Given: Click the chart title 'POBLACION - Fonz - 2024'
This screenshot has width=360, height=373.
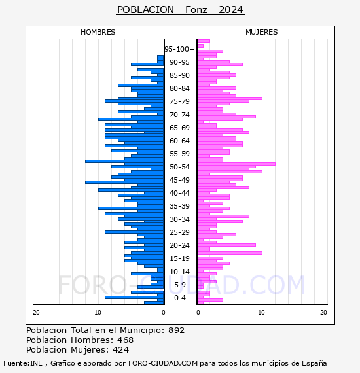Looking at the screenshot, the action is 180,10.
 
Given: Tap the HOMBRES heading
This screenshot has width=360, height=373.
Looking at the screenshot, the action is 98,32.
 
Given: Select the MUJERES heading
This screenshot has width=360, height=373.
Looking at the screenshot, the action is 262,32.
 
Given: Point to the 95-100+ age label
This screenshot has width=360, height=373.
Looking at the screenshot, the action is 179,49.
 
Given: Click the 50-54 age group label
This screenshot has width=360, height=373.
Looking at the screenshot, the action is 179,167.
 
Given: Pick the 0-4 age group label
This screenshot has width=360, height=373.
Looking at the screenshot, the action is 179,298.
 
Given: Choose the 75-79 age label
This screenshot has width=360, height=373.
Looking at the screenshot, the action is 179,101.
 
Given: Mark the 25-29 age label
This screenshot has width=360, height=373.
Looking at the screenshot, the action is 179,232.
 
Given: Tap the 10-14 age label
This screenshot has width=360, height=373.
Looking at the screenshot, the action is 179,272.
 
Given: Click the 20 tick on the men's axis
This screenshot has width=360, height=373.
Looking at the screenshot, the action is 36,313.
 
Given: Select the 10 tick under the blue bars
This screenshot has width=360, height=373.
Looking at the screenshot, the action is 98,313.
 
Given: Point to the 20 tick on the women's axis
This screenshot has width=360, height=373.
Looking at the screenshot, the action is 323,313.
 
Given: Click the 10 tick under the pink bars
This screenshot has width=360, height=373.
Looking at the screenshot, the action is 261,313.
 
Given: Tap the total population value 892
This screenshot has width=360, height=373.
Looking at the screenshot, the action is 176,330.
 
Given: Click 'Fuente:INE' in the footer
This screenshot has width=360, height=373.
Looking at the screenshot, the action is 23,363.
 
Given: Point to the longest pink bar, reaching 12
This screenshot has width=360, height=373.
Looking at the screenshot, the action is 236,164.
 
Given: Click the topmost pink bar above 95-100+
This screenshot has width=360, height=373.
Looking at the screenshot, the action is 204,41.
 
